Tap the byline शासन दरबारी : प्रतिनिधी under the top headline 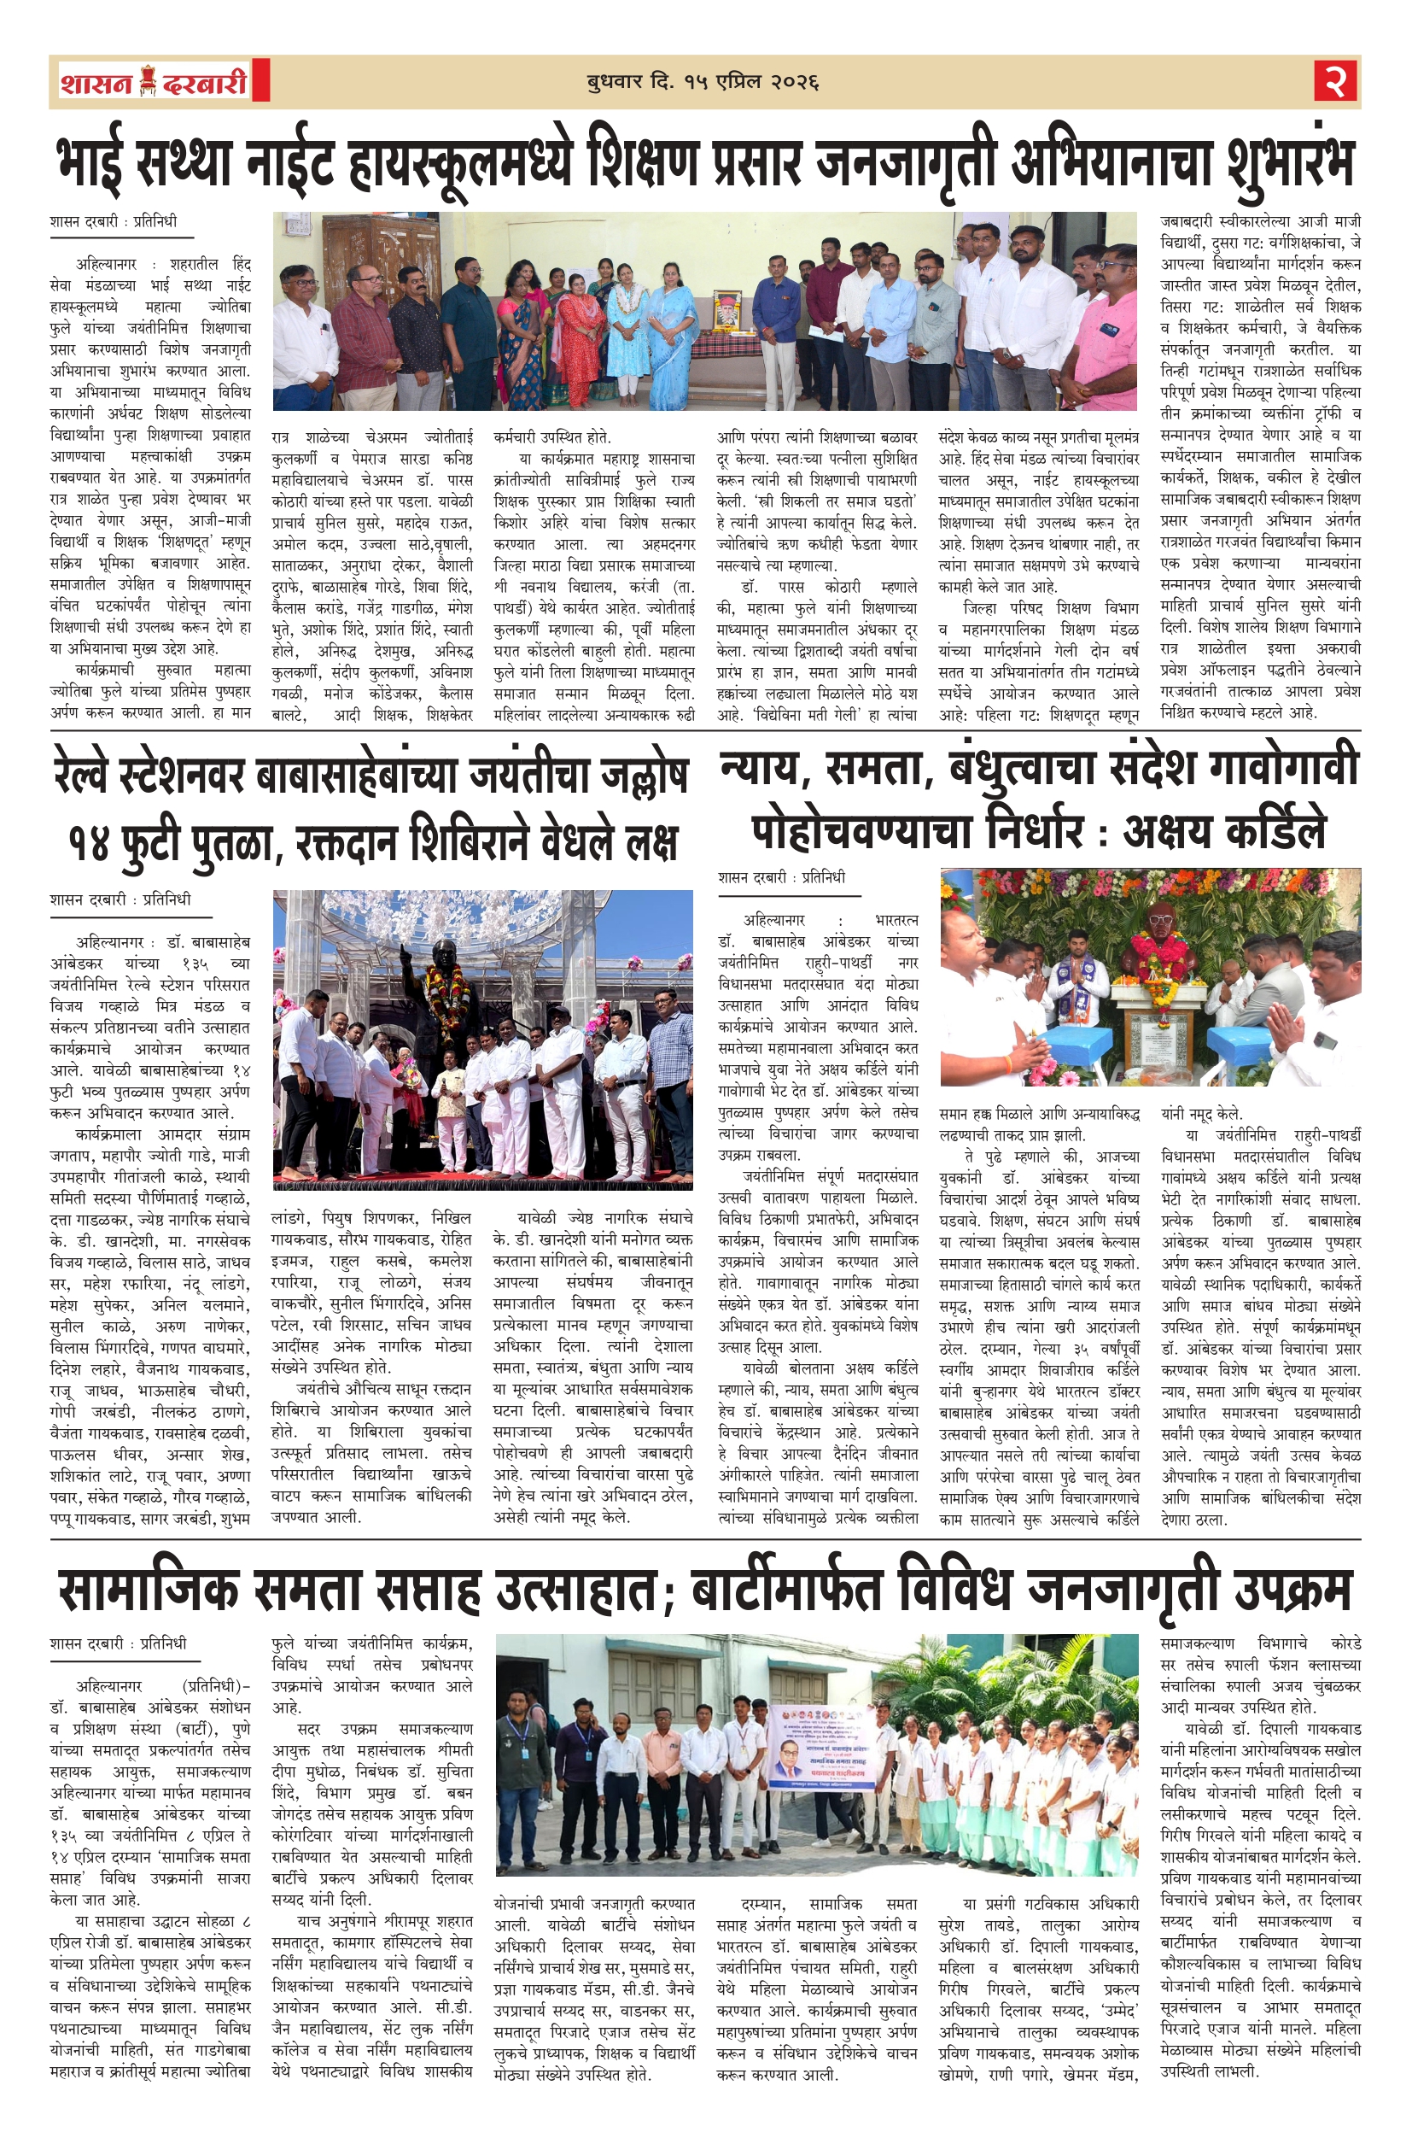tap(114, 221)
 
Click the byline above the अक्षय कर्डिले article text tap(783, 876)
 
